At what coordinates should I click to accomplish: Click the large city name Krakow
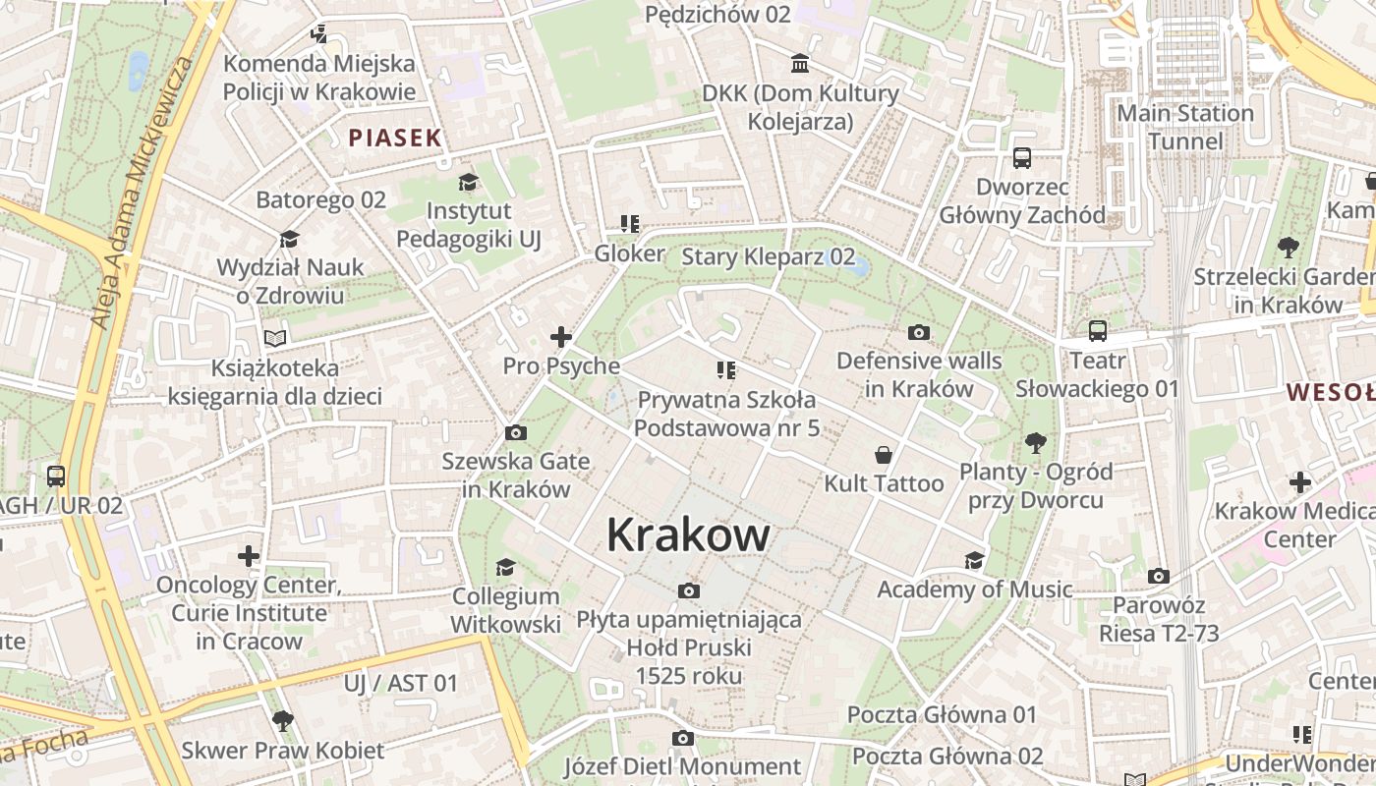688,535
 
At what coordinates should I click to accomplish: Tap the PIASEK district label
395,138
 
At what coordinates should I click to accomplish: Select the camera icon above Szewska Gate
515,432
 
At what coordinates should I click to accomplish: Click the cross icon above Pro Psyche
561,337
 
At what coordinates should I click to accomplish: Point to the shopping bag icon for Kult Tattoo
884,455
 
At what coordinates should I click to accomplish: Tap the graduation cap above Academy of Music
974,560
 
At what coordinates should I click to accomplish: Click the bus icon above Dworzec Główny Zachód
1022,157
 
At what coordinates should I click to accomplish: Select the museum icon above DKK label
800,64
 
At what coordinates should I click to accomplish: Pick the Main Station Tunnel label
1185,127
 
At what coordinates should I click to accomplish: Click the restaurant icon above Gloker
630,224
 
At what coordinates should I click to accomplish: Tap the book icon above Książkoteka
275,338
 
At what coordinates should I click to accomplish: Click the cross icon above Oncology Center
249,556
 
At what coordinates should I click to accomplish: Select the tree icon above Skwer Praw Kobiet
283,721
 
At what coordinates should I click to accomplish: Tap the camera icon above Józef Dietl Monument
683,738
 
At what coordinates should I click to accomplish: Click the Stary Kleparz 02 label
768,257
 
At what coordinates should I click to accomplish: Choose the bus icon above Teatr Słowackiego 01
1097,331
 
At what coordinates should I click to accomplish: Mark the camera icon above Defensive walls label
919,332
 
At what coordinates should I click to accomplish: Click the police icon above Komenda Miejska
318,34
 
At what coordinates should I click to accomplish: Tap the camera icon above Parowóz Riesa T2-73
1159,576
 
